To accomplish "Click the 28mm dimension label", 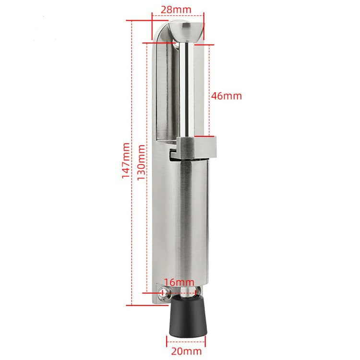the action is (x=176, y=10).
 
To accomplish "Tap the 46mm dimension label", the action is (x=227, y=96).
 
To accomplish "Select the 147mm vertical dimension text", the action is (x=126, y=161).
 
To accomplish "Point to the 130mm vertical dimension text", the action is (x=141, y=163).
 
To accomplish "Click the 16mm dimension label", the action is (x=179, y=282).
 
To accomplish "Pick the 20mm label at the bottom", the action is (x=186, y=351).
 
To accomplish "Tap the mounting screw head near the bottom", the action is (x=164, y=293).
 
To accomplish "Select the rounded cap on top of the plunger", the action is (x=186, y=31).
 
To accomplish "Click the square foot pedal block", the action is (x=197, y=148).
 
